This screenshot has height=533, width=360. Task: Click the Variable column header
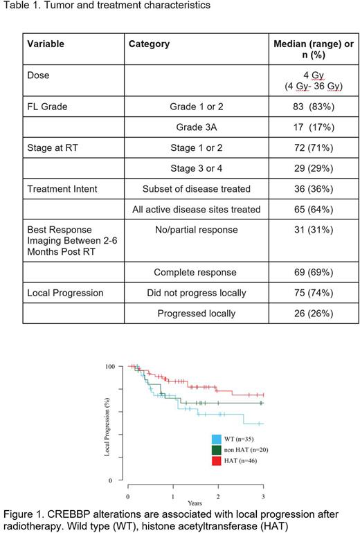point(45,44)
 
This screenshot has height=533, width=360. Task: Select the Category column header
point(149,44)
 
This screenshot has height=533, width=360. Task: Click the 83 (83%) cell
point(300,108)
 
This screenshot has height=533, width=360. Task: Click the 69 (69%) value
point(300,273)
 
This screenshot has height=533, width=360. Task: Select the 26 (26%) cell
point(300,314)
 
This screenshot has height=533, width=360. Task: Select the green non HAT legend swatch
point(216,449)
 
